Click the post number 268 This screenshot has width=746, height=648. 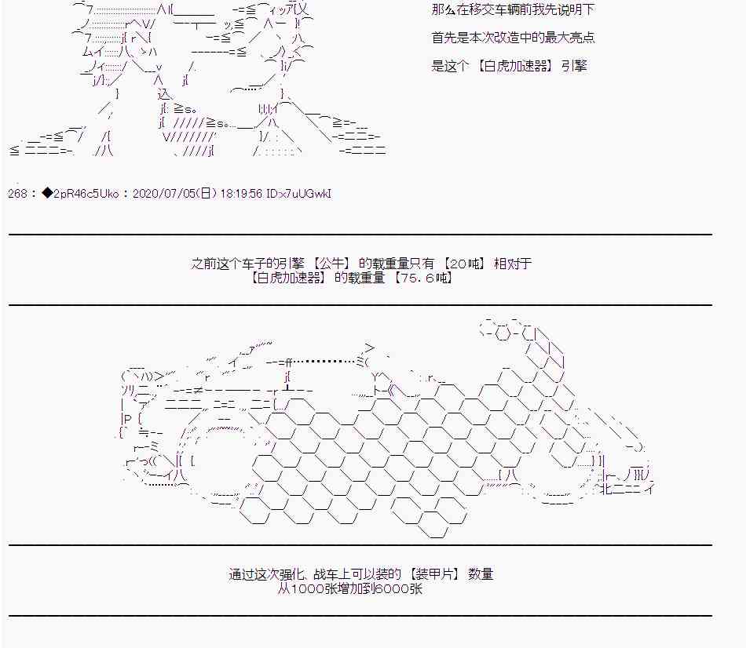pyautogui.click(x=17, y=194)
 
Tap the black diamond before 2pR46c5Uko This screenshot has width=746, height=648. pyautogui.click(x=48, y=194)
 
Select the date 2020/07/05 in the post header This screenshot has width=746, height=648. pyautogui.click(x=164, y=194)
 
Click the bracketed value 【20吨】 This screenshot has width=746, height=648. pyautogui.click(x=465, y=264)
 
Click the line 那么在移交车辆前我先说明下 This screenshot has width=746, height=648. pyautogui.click(x=514, y=9)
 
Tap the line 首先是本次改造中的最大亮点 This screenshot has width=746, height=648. pyautogui.click(x=514, y=38)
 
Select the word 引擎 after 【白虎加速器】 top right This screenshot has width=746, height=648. pyautogui.click(x=574, y=66)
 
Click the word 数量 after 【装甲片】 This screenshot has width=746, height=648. pyautogui.click(x=481, y=574)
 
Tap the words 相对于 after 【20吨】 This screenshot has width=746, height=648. pyautogui.click(x=513, y=264)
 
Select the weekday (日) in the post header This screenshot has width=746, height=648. pyautogui.click(x=206, y=194)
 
